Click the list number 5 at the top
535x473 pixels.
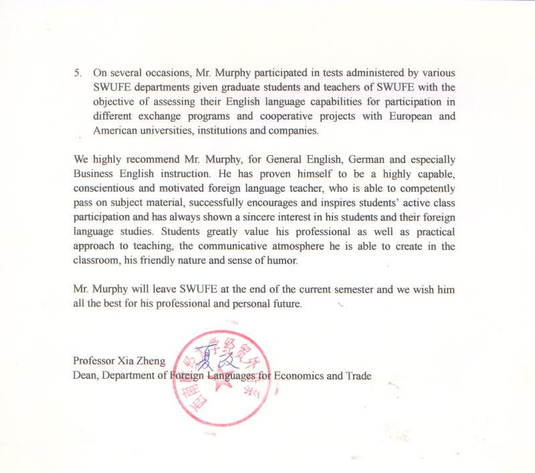[x=77, y=72]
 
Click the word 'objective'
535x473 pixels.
[x=114, y=102]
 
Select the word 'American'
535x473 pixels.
[x=116, y=131]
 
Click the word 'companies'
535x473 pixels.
[x=293, y=131]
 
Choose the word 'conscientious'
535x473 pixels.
[x=106, y=188]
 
